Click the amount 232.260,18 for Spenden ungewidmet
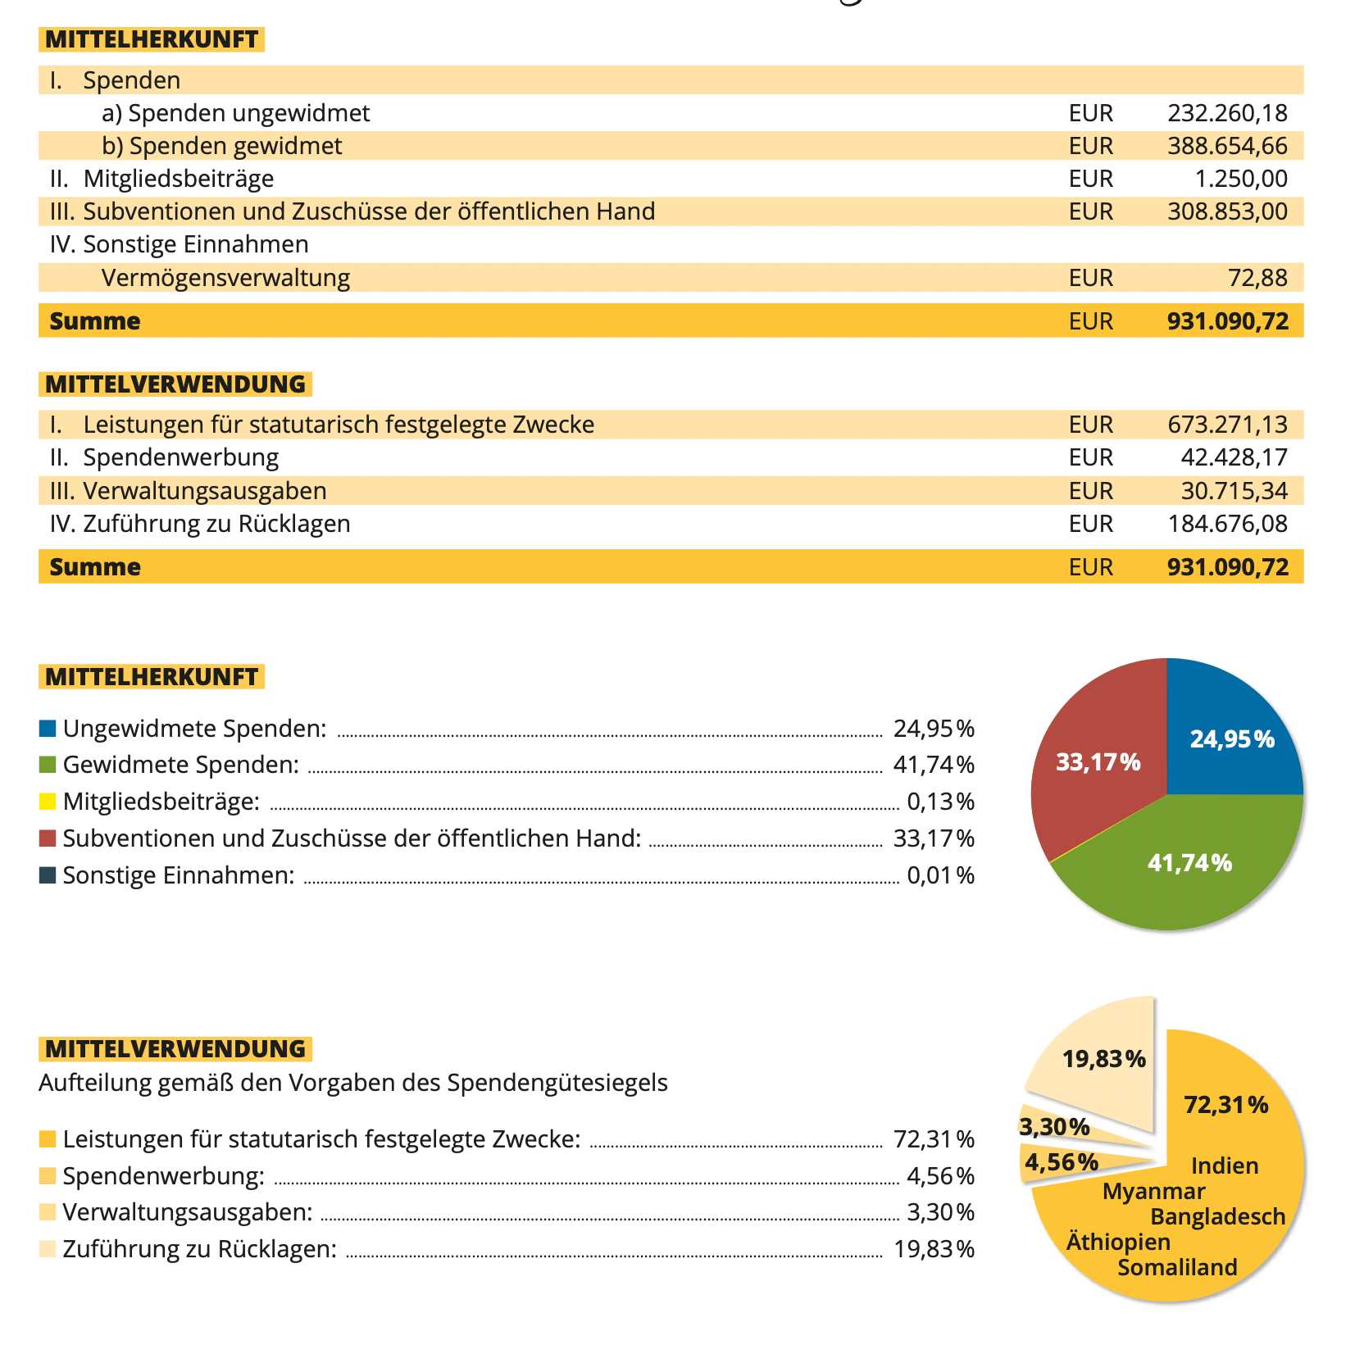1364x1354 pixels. coord(1227,113)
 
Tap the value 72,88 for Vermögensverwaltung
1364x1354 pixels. coord(1257,278)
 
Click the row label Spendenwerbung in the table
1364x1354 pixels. coord(180,457)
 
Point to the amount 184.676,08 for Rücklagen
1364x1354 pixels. coord(1227,524)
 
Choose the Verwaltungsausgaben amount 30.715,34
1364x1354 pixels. coord(1234,491)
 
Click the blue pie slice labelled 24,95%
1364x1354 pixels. coord(1230,738)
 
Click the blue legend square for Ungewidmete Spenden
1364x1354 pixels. coord(48,729)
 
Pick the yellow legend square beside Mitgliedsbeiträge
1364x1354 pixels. coord(48,802)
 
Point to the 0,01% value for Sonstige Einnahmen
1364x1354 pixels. coord(940,875)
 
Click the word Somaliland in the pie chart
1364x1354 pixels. coord(1177,1267)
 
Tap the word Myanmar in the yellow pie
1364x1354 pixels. coord(1153,1191)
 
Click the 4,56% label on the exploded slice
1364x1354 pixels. coord(1061,1162)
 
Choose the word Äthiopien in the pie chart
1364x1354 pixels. coord(1118,1242)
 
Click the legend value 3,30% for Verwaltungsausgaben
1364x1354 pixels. coord(940,1212)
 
